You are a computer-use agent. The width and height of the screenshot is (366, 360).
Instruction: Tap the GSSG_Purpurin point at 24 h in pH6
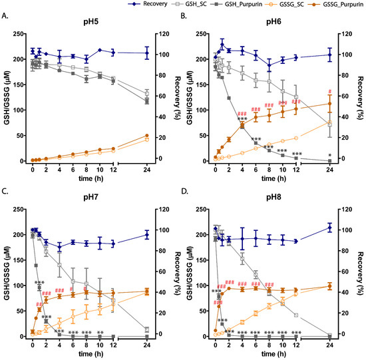coord(329,103)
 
